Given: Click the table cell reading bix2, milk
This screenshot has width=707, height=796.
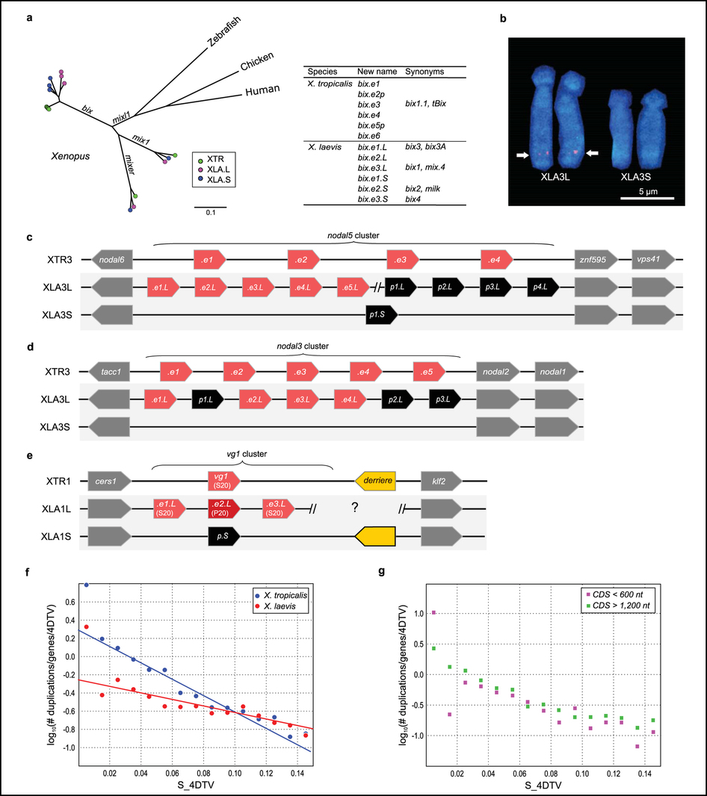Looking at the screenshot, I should coord(423,189).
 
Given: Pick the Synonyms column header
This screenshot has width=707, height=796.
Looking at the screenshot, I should coord(424,72).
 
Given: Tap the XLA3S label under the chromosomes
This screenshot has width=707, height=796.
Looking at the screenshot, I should coord(638,180).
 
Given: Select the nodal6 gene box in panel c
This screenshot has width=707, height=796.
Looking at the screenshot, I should coord(111,260).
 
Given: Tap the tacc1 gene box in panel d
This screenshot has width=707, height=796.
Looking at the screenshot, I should coord(109,369).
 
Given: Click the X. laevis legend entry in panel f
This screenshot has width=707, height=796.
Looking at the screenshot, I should coord(277,605).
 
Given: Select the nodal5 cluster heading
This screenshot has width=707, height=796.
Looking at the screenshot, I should coord(353,237).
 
